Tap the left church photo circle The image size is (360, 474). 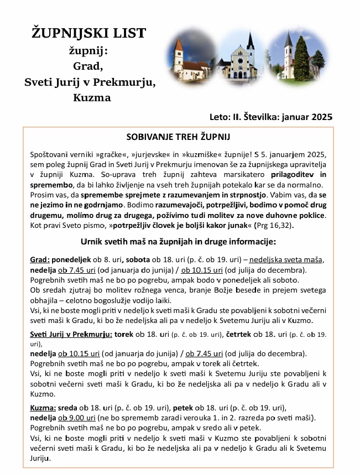coord(191,55)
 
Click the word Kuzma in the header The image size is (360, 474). coord(91,98)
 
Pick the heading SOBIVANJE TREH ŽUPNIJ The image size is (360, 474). coord(179,137)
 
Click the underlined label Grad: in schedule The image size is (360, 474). coord(40,261)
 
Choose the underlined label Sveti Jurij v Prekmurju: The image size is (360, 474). coord(71,335)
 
